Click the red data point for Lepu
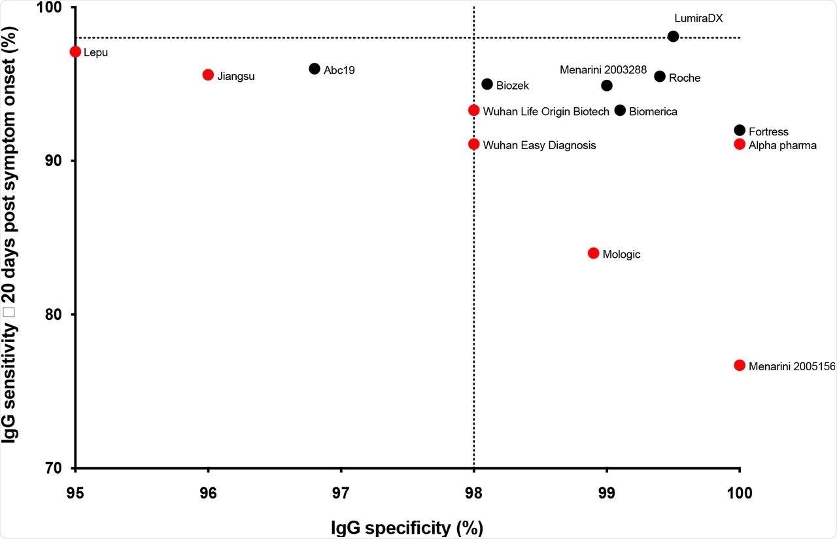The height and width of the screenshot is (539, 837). click(75, 52)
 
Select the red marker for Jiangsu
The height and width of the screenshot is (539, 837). click(208, 75)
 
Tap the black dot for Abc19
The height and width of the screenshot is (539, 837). click(315, 69)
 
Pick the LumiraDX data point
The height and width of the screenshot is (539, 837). click(674, 36)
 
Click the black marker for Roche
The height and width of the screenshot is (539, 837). click(660, 77)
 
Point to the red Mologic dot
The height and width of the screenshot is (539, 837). click(594, 253)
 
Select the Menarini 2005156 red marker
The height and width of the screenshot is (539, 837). click(740, 365)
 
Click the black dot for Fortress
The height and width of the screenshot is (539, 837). click(740, 130)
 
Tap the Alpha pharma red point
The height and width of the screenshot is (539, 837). click(740, 144)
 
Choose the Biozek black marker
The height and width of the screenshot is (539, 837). click(487, 84)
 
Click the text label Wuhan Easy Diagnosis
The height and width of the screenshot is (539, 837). click(539, 145)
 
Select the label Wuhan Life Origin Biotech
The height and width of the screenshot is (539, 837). click(546, 112)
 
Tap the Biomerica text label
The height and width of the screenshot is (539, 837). click(653, 112)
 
